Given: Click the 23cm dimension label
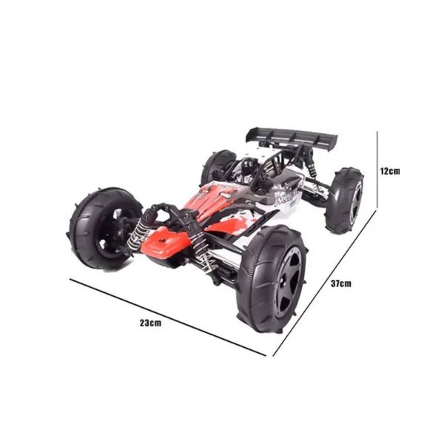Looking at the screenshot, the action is coord(150,323).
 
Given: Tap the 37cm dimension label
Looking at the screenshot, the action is coord(341,283).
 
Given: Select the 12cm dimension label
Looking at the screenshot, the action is coord(390,171).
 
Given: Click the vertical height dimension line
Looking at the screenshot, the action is coord(377,170).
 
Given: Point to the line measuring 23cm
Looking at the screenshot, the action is coord(168,317).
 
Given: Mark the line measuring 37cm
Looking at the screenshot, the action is coord(325,283).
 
